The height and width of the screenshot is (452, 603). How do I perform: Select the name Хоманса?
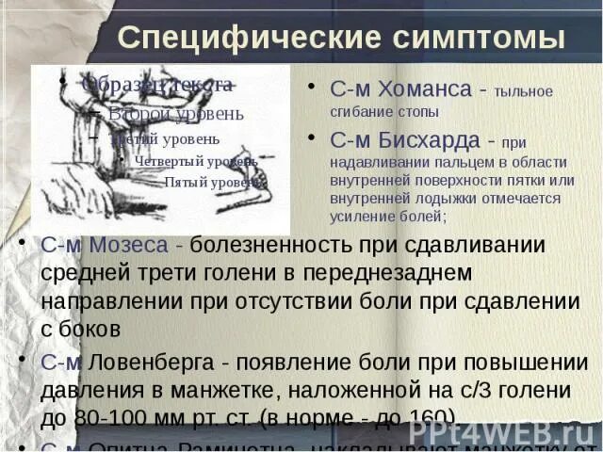[424, 89]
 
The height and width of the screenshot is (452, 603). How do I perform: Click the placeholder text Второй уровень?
[175, 114]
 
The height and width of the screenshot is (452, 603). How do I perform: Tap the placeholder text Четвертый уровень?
[195, 161]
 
